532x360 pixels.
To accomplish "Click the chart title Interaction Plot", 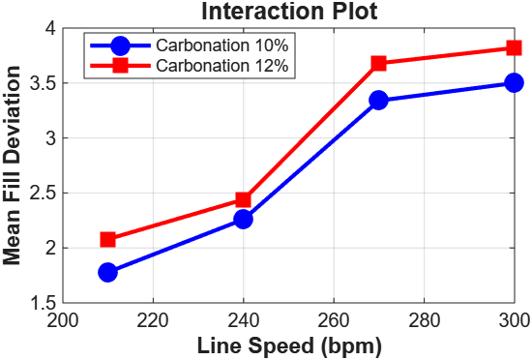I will [x=287, y=12].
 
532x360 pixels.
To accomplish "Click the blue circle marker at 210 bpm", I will [x=107, y=272].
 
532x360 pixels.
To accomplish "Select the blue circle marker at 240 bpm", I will [x=243, y=219].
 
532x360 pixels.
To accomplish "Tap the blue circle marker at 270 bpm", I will [x=378, y=100].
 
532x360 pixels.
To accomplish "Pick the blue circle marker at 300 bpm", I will [x=514, y=83].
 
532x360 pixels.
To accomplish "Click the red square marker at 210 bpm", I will [x=107, y=239].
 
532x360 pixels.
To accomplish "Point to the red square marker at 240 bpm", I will [x=243, y=199].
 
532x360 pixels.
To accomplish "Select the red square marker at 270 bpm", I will [x=378, y=63].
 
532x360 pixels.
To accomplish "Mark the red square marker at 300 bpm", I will [x=514, y=47].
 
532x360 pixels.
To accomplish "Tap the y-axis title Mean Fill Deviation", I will [x=14, y=165].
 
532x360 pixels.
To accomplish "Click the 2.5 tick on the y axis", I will [x=43, y=193].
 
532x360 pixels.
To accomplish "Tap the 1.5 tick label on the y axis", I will [x=43, y=303].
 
